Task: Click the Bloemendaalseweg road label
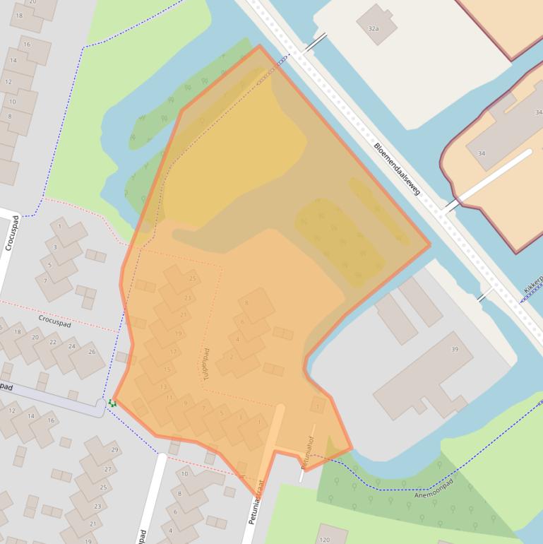[x=396, y=168]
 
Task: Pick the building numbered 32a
[x=374, y=28]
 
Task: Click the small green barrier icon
[x=112, y=403]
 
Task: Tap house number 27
[x=107, y=469]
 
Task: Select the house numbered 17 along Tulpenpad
[x=173, y=352]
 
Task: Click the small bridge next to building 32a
[x=316, y=41]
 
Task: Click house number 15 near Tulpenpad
[x=167, y=369]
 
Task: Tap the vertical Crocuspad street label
[x=11, y=232]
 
